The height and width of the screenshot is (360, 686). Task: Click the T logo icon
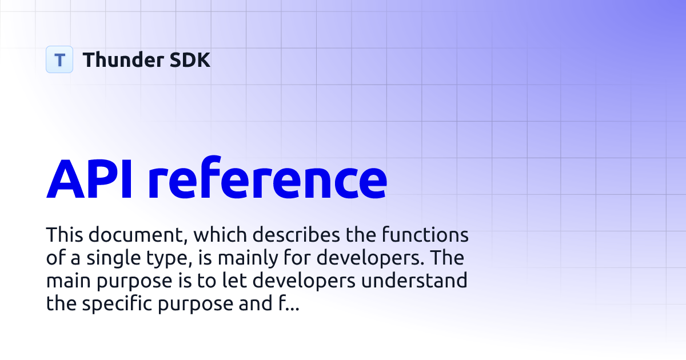59,59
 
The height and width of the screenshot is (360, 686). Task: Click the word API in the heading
89,179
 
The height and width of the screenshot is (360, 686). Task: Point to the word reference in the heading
268,179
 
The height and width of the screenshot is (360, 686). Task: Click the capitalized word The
448,258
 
